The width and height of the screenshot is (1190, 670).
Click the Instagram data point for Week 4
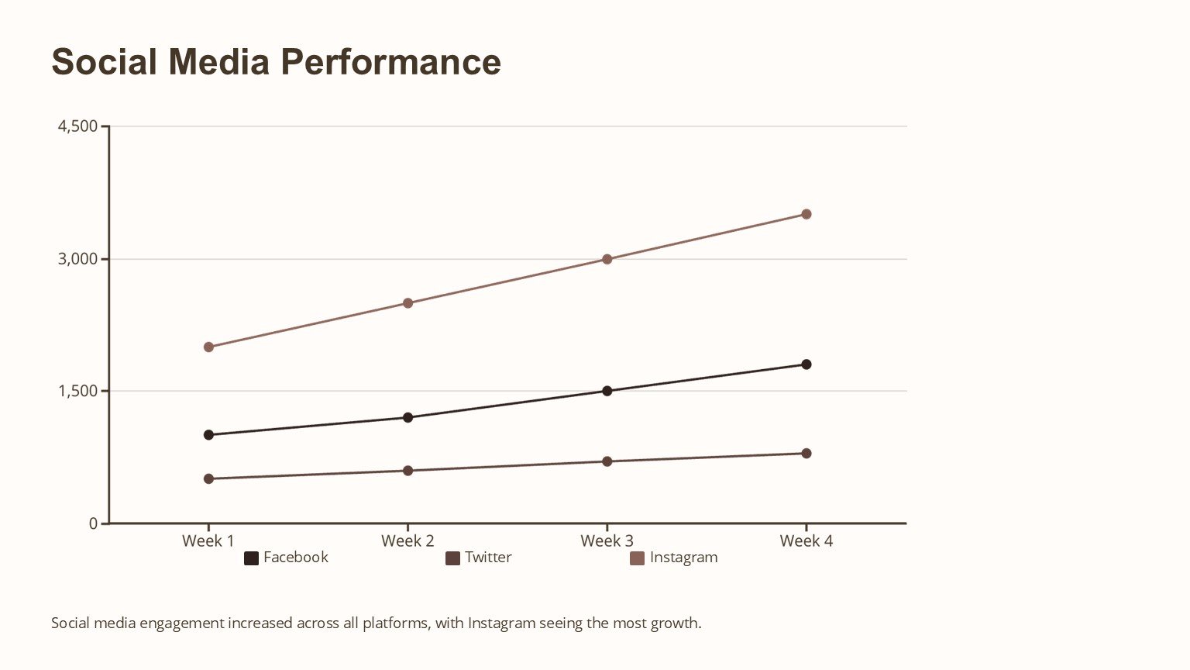(807, 214)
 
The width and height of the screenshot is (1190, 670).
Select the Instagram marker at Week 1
(208, 347)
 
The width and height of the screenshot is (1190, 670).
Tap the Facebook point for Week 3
(607, 391)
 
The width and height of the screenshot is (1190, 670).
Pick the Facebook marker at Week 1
(208, 435)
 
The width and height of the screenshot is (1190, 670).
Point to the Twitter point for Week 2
(408, 471)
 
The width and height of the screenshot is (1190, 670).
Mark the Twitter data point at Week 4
(807, 454)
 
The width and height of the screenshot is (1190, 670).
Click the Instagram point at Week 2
(408, 303)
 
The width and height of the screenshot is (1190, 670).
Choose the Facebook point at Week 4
(807, 364)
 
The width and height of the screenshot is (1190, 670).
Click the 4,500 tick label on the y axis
(77, 126)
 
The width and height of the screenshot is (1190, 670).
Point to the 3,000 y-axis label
(77, 258)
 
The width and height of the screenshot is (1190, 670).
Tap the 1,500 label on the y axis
(77, 391)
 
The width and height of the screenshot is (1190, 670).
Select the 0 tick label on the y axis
(94, 523)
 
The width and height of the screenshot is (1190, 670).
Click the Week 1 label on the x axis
(208, 541)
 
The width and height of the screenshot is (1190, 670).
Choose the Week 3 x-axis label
(607, 541)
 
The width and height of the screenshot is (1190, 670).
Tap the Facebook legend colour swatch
(251, 558)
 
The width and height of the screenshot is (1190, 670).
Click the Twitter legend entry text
(488, 558)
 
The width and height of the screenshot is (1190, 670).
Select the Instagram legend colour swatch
(637, 558)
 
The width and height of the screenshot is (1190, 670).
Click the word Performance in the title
(390, 62)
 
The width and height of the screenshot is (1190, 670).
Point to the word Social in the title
(104, 62)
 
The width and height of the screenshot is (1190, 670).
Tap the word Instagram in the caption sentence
(501, 623)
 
